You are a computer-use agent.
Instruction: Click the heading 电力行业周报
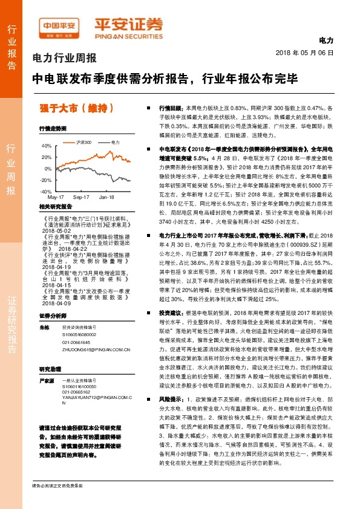coord(64,59)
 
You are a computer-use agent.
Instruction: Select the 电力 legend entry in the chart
coord(114,141)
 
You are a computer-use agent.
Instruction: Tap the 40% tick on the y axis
coord(46,146)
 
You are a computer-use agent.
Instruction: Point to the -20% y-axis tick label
coord(45,180)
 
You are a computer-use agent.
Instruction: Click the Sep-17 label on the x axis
coord(81,198)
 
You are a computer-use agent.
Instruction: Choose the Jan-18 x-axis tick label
coord(106,198)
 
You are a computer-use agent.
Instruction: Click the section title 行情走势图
coord(53,129)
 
